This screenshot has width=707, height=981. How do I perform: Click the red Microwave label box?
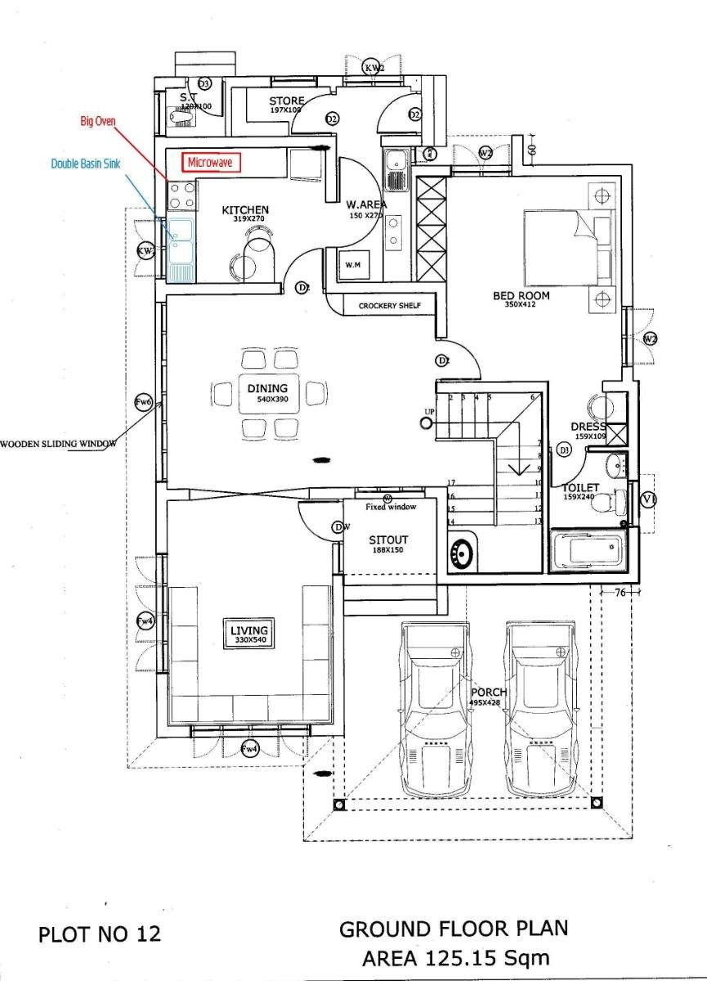coord(210,163)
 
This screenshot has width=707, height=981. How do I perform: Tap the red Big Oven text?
coord(98,121)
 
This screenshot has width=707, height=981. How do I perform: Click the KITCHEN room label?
coord(245,211)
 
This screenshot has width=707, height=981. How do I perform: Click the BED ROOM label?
coord(521,296)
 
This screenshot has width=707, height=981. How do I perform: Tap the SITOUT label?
coord(388,540)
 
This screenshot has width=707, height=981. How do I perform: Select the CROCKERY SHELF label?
coord(390,306)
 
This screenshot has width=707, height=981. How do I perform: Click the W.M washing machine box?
coord(354,266)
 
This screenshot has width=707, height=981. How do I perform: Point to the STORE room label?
coord(287,101)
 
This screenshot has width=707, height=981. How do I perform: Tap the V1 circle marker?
coord(649,499)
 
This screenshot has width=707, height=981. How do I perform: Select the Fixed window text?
coord(391,507)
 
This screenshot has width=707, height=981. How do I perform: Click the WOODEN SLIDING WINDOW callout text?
coord(59,444)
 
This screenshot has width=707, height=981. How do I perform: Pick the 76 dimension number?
coord(619,593)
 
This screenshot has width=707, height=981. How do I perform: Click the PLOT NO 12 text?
coord(100,934)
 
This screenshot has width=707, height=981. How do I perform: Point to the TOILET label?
coord(580,488)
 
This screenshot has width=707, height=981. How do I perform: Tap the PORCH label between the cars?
coord(489,692)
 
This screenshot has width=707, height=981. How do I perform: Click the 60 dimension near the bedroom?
coord(530,149)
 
